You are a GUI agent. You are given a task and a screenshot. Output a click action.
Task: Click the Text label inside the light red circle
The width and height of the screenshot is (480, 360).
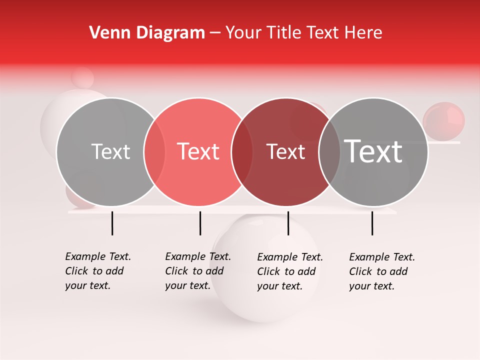(198, 151)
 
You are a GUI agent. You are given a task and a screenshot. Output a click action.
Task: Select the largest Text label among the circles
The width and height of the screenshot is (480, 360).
(373, 151)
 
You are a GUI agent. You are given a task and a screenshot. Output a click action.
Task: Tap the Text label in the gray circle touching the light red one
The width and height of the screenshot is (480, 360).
(110, 151)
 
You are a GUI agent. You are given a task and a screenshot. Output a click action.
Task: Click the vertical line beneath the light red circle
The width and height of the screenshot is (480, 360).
(200, 223)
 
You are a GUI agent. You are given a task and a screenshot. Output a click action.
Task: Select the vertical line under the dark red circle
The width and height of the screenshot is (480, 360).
(288, 223)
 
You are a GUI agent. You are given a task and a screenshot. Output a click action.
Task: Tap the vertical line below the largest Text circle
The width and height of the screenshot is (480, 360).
(372, 223)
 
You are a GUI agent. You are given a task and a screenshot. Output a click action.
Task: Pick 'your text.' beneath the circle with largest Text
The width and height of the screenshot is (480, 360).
(371, 286)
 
